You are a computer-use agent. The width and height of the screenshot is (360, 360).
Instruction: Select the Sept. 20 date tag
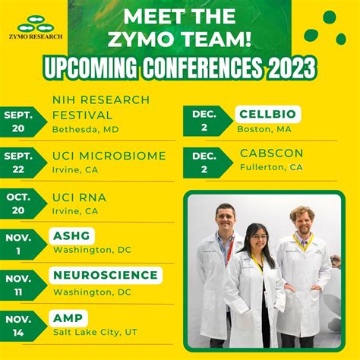[x=22, y=122]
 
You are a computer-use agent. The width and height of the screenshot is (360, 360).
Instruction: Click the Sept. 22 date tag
[x=22, y=163]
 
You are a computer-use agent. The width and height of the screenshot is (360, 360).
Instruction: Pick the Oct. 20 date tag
[x=22, y=204]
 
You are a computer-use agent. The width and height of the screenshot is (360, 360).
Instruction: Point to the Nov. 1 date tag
[x=22, y=244]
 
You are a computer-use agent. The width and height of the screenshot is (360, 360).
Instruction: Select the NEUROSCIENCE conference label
[x=106, y=275]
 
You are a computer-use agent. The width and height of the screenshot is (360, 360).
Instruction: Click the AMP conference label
[x=69, y=317]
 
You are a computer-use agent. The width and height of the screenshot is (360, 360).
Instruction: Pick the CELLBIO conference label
[x=267, y=114]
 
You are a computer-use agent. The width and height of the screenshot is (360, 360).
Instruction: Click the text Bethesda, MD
[x=85, y=129]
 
